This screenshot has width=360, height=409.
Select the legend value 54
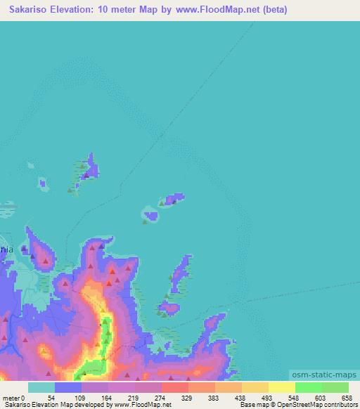coord(51,397)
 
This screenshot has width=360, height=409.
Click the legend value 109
coord(77,397)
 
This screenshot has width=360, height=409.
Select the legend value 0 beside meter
coord(22,397)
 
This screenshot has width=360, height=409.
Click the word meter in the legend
coord(11,397)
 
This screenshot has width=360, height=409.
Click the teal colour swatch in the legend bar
coord(41,387)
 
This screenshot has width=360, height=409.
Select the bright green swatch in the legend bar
coord(308,387)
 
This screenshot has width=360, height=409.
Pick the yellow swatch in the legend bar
coord(281,387)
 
